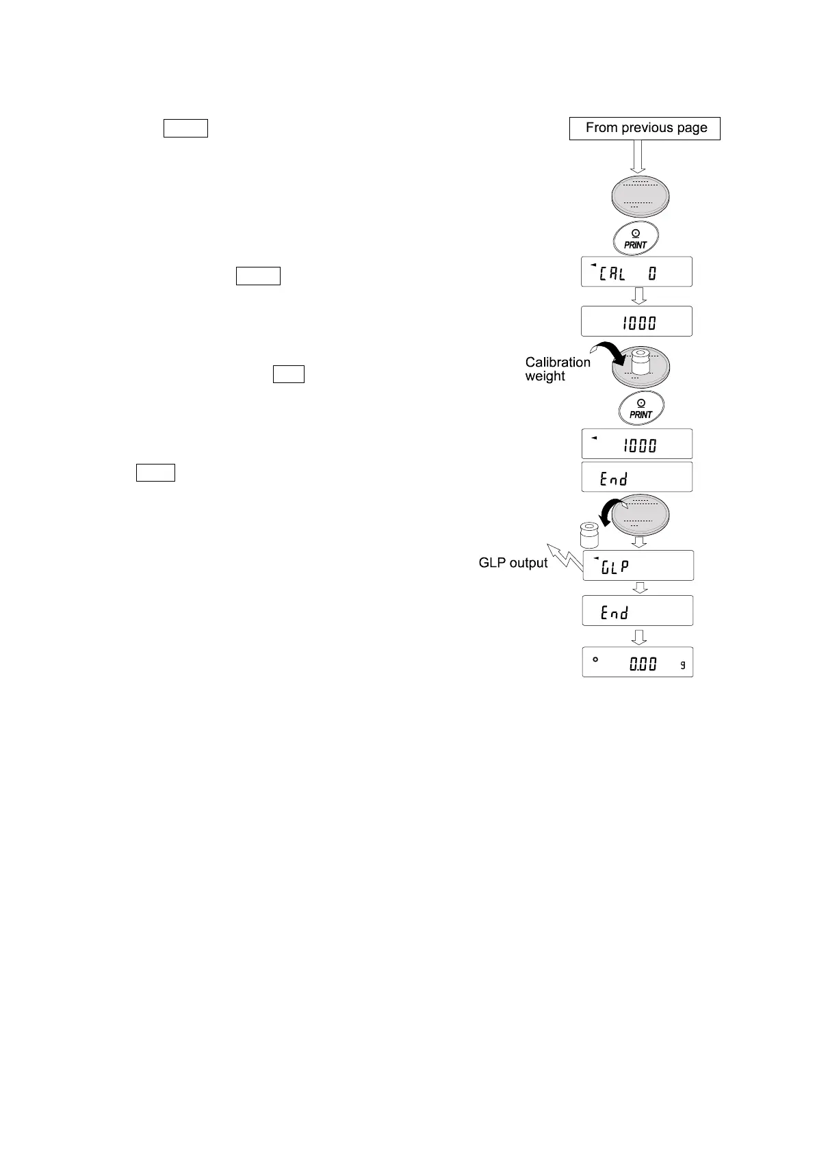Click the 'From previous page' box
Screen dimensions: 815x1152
[645, 128]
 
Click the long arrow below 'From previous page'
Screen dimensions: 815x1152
[638, 157]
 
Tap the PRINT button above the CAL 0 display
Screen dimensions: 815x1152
[636, 239]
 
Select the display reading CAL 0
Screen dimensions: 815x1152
[636, 272]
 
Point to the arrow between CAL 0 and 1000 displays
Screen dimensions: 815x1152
[638, 296]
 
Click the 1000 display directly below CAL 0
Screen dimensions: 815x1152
[636, 322]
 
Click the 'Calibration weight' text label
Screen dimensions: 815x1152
[557, 369]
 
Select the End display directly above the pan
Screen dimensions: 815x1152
[636, 477]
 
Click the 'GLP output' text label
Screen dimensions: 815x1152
[513, 563]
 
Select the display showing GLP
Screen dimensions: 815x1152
[638, 566]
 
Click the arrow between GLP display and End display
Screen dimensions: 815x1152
[639, 588]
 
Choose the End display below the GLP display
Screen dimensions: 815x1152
[638, 611]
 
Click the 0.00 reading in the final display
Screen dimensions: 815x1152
[643, 664]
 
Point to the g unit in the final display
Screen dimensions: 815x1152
[682, 665]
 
